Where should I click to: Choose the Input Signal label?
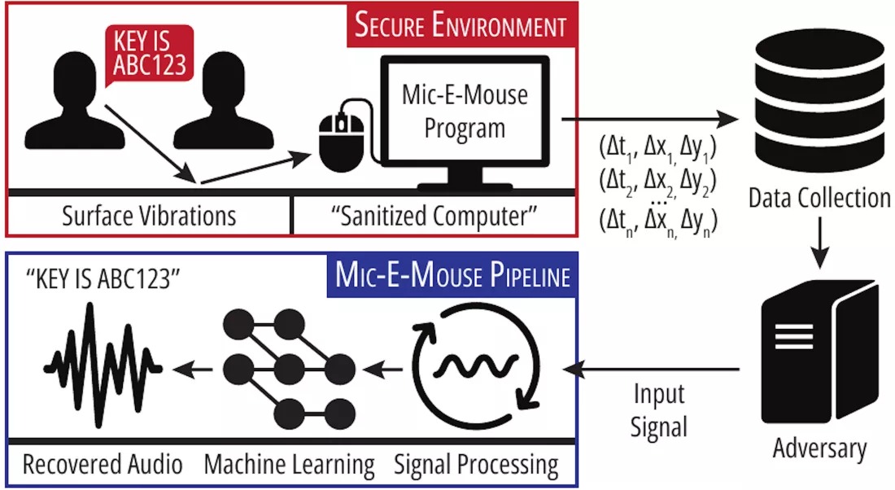tap(659, 411)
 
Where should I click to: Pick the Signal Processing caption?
tap(476, 466)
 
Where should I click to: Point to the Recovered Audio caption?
tap(103, 466)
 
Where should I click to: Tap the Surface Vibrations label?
tap(149, 217)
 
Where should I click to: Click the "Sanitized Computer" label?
tap(435, 217)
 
